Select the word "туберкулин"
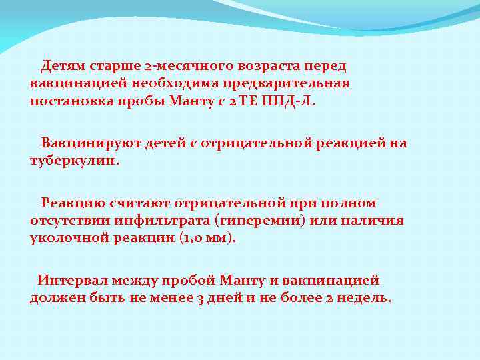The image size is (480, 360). pyautogui.click(x=73, y=161)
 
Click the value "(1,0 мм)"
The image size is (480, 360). pyautogui.click(x=207, y=238)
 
